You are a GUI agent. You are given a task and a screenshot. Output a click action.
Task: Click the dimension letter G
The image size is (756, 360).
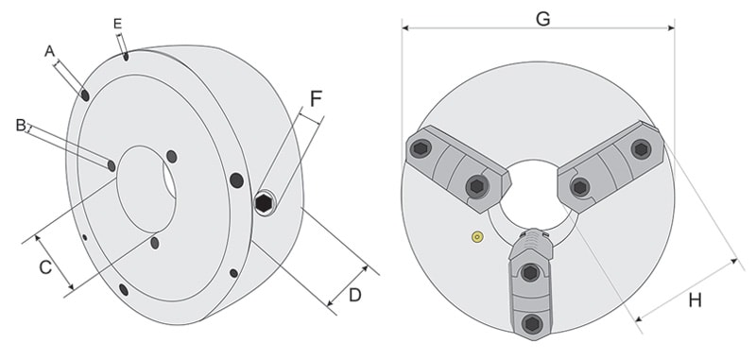point(542,18)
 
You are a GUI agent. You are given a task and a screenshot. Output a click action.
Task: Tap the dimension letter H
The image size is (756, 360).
point(695,300)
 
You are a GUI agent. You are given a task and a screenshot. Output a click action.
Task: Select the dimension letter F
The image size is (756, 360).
point(316,99)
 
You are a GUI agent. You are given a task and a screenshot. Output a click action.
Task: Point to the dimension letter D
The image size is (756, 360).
point(355,295)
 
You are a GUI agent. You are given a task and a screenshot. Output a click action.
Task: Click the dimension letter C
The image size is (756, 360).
point(45,266)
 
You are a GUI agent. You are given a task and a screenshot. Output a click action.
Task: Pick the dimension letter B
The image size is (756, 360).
point(21,125)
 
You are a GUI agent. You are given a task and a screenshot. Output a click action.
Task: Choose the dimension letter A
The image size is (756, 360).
point(50,51)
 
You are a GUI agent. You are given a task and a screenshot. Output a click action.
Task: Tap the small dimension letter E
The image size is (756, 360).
point(117,25)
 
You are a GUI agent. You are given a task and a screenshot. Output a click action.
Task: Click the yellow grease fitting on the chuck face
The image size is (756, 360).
point(478,236)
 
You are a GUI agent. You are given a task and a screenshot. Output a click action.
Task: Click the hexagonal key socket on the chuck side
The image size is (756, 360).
point(264,204)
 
